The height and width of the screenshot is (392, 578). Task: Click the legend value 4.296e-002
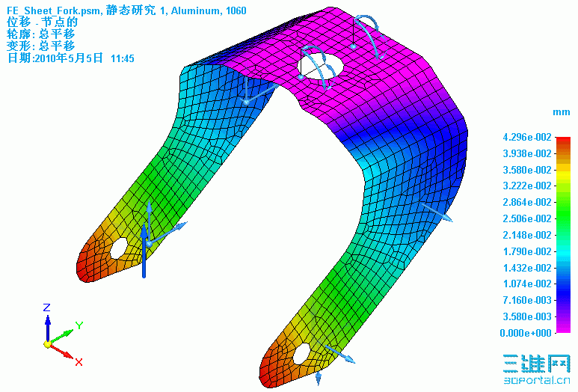coord(528,137)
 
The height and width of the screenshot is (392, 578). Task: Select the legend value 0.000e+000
coord(528,333)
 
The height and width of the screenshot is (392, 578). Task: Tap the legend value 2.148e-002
coord(528,235)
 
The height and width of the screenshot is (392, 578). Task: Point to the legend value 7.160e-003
coord(528,300)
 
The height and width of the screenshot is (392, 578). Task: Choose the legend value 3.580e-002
coord(528,170)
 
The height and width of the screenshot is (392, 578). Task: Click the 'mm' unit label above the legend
coord(561,111)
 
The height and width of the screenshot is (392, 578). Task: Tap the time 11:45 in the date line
coord(122,58)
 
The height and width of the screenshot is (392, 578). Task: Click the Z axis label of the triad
coord(46,307)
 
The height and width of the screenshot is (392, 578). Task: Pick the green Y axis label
coord(79,325)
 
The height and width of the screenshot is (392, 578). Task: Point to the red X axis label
coord(78,362)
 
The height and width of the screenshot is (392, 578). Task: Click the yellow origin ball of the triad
coord(47,344)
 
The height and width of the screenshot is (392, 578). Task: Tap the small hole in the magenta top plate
coord(352,46)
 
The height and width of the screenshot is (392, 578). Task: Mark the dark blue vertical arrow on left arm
coord(144,251)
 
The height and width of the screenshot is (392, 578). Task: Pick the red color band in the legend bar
coord(563,145)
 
